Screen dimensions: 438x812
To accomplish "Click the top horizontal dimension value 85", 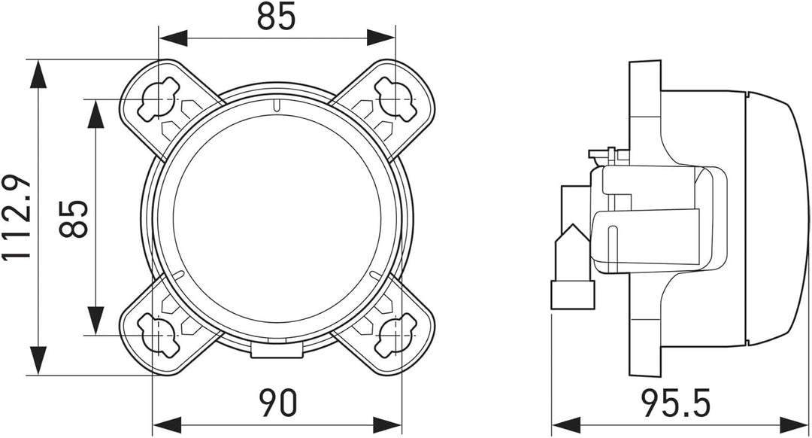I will click(276, 17).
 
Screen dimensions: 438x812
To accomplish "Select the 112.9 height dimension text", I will click(17, 217).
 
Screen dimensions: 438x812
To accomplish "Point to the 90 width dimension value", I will click(277, 403).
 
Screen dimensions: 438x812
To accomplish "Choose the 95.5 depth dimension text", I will click(676, 403).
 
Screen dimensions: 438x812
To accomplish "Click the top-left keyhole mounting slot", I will click(159, 99).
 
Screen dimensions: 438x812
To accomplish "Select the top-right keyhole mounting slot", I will click(395, 99).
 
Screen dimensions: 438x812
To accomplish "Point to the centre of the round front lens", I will click(277, 218).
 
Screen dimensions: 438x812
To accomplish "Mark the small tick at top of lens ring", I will click(277, 105).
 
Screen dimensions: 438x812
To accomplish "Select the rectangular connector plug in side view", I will click(573, 295).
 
